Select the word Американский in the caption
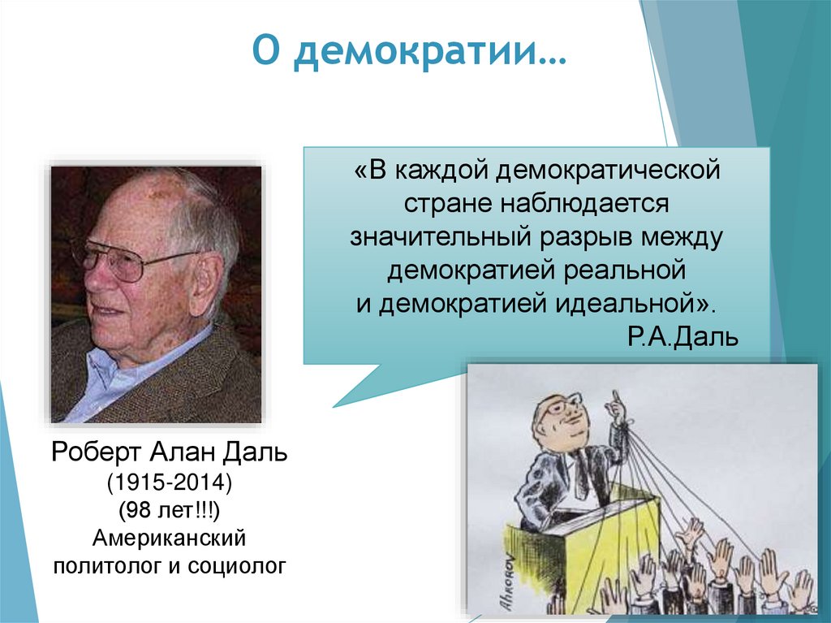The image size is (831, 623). pos(169,539)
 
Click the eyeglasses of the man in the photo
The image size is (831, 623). pos(122,260)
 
